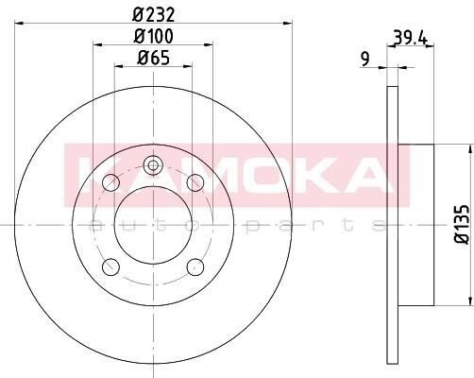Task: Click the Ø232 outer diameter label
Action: [153, 15]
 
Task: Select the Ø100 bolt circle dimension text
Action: [153, 36]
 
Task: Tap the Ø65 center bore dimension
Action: [153, 58]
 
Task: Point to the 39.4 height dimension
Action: [410, 38]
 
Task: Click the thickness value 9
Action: [364, 59]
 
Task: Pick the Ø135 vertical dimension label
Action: [462, 224]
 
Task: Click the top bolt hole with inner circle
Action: [153, 165]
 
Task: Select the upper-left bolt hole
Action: [110, 182]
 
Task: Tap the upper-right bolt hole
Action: [195, 182]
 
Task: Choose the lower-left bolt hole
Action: [110, 266]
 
